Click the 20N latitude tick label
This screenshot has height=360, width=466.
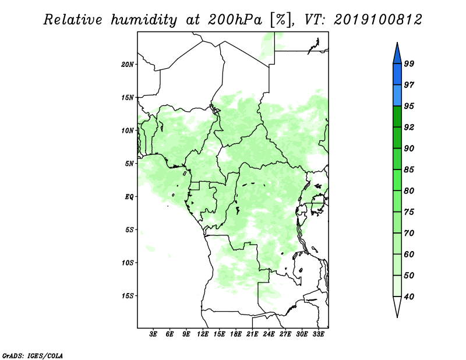click(128, 65)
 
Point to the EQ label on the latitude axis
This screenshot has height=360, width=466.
click(129, 197)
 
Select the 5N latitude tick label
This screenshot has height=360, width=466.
click(129, 164)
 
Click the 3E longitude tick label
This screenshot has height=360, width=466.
click(153, 334)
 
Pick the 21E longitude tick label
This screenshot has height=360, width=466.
click(252, 334)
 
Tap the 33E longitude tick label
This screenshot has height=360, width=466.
click(318, 334)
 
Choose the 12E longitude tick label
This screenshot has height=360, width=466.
click(203, 334)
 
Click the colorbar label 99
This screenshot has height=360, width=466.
click(409, 63)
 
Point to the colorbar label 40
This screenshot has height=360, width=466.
click(409, 297)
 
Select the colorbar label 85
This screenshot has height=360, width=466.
click(409, 170)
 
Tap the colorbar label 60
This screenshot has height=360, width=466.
click(409, 255)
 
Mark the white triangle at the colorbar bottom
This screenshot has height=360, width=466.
click(397, 306)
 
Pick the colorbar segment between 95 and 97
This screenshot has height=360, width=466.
click(397, 96)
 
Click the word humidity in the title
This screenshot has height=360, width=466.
click(144, 20)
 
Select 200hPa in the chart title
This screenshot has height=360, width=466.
click(235, 20)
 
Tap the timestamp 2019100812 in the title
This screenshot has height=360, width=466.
click(377, 20)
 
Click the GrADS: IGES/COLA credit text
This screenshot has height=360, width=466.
click(33, 356)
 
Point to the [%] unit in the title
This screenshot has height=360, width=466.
click(281, 20)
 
